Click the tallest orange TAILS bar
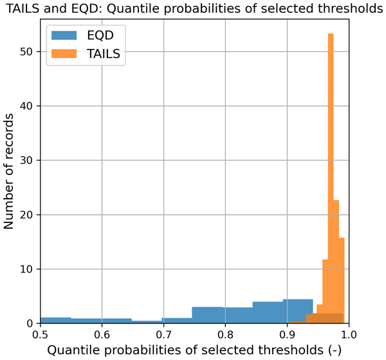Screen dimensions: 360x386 [331, 180]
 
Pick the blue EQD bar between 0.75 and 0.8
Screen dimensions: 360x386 [207, 315]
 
